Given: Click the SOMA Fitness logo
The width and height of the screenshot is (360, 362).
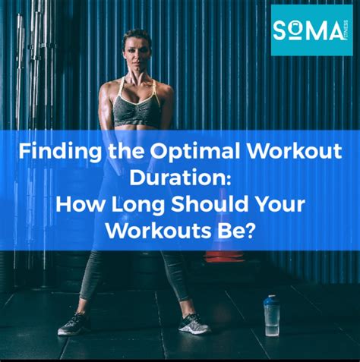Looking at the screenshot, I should pos(311,30).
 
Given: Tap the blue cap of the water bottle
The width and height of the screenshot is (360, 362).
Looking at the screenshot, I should pos(270,301).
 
